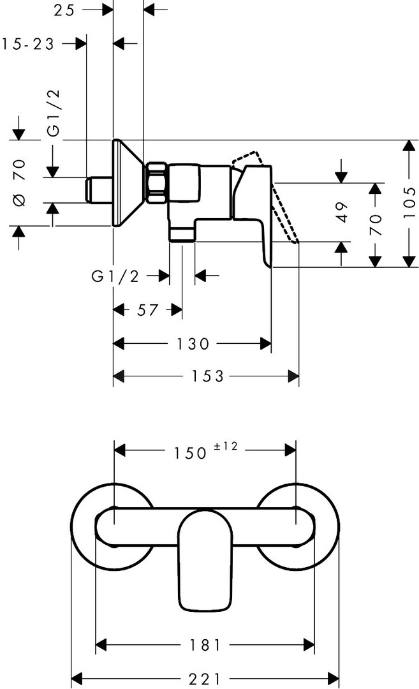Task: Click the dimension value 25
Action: click(x=64, y=10)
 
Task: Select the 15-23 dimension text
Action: click(x=28, y=44)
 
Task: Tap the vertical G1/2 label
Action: click(x=54, y=113)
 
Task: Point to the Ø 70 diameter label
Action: click(x=20, y=182)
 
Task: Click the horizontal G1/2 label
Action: click(x=115, y=276)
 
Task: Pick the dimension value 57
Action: click(x=147, y=310)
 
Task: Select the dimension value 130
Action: click(x=193, y=344)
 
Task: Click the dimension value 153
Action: click(x=207, y=376)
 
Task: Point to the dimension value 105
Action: click(x=409, y=203)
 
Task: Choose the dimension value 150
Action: click(x=190, y=453)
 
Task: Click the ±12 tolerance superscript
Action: click(x=225, y=446)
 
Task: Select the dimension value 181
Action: click(x=205, y=645)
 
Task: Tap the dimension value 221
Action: click(x=205, y=679)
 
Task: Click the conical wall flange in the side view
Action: click(x=128, y=183)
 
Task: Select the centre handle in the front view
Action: click(x=205, y=560)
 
